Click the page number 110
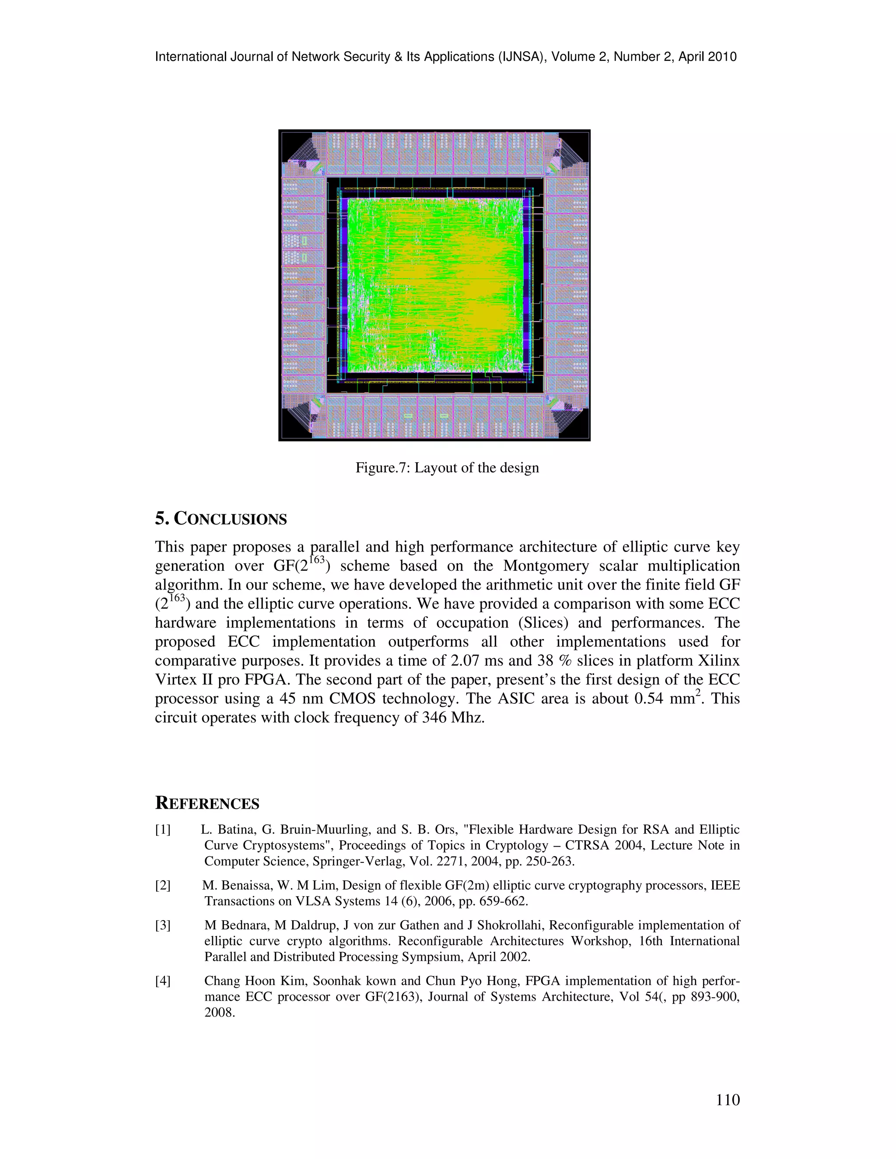(x=728, y=1100)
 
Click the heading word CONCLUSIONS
(x=231, y=519)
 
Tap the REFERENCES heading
(x=207, y=803)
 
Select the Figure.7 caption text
(x=447, y=468)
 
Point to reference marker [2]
(x=163, y=885)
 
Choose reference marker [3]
(x=163, y=925)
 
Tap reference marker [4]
(x=163, y=981)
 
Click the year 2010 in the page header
(x=722, y=57)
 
